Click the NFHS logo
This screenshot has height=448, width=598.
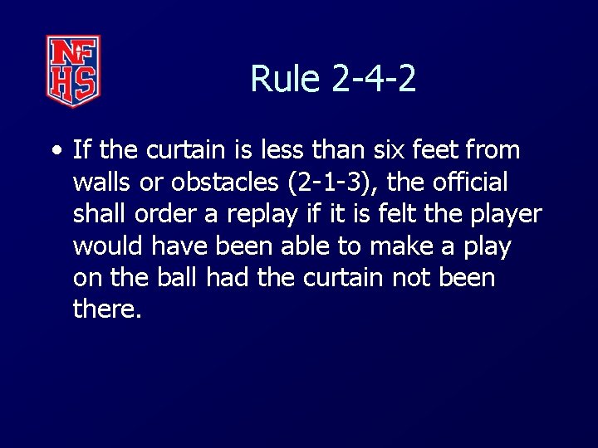73,71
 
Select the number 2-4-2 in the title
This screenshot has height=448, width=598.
374,80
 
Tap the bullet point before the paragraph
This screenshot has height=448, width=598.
56,152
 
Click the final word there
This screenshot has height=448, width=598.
106,309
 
